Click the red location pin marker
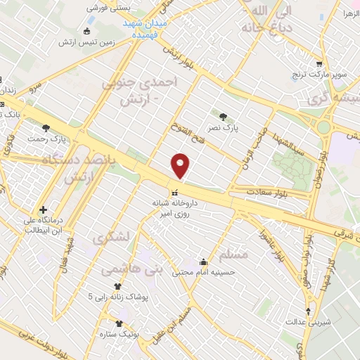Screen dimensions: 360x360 (181, 165)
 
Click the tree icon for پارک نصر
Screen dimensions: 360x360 (223, 117)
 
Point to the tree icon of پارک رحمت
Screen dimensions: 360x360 (46, 128)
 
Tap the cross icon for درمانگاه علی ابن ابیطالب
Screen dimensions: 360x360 (44, 210)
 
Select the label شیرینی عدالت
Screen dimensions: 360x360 (304, 321)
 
